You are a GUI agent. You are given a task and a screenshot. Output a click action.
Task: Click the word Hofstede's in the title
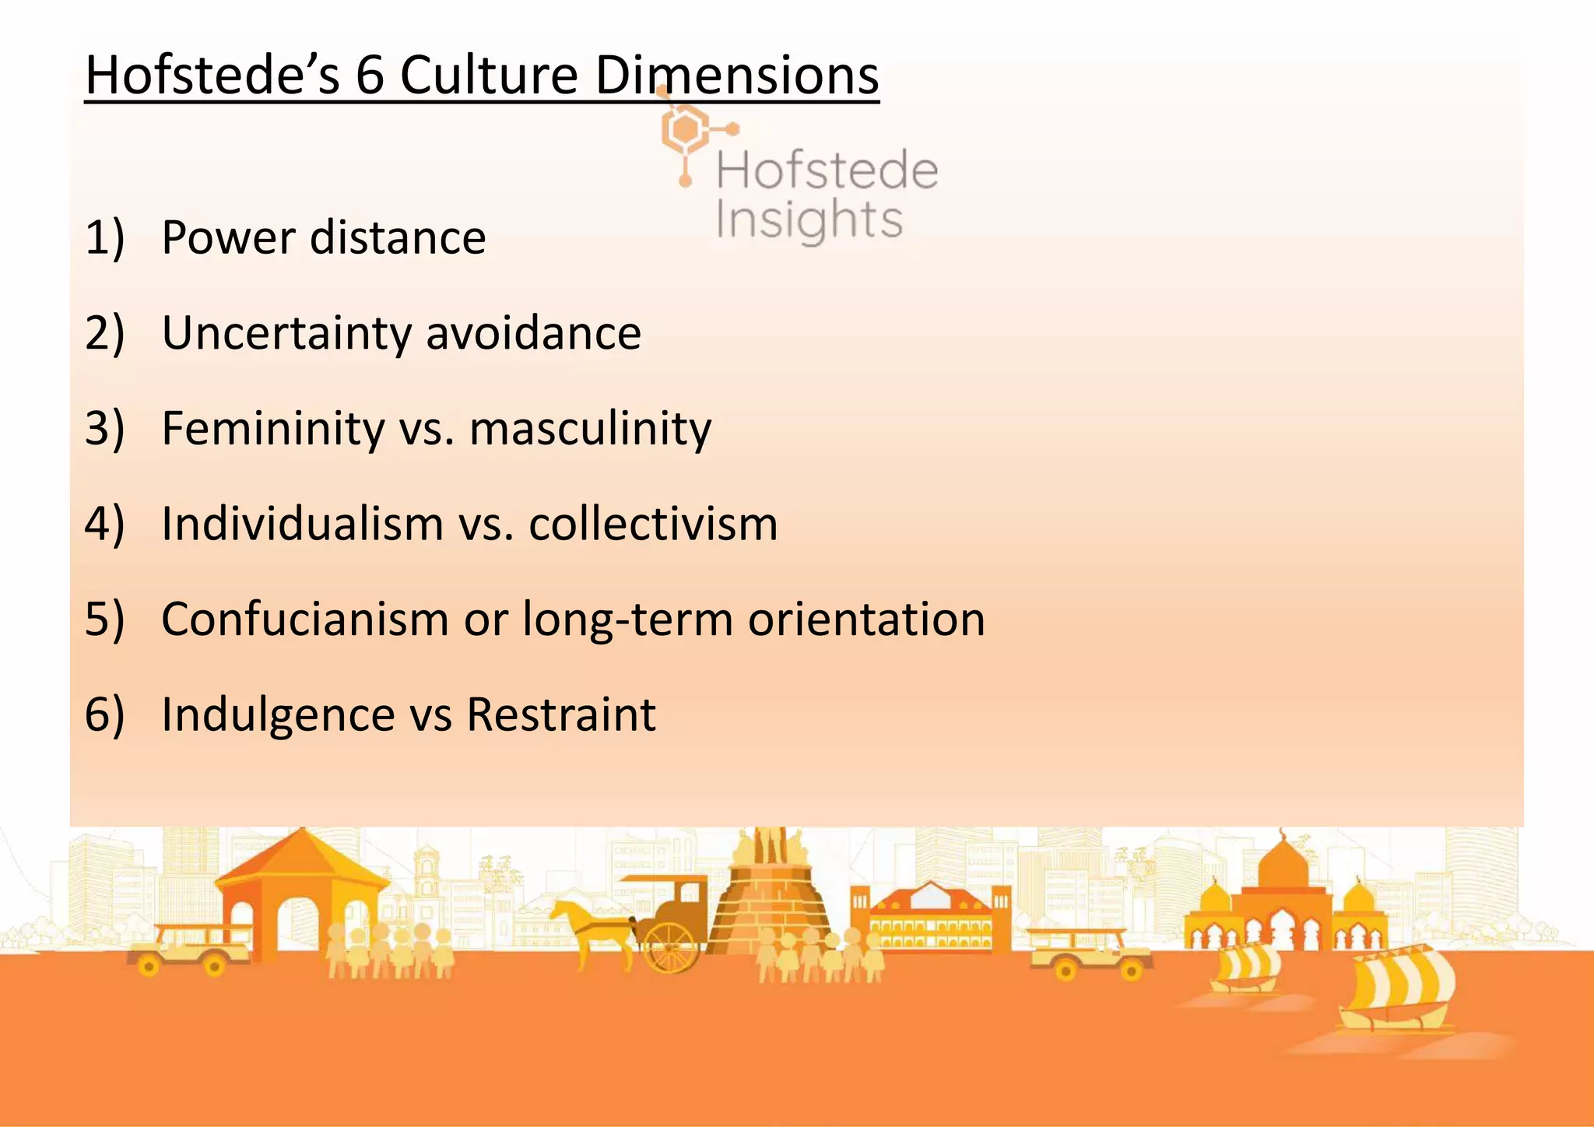pyautogui.click(x=212, y=75)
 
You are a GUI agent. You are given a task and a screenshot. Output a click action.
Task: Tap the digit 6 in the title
pyautogui.click(x=370, y=75)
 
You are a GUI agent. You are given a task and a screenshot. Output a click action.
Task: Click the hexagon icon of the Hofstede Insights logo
pyautogui.click(x=685, y=130)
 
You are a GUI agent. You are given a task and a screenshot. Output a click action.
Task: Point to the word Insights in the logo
pyautogui.click(x=809, y=219)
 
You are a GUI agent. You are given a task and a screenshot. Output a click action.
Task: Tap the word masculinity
pyautogui.click(x=590, y=429)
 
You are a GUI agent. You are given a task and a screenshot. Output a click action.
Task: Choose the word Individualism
pyautogui.click(x=302, y=524)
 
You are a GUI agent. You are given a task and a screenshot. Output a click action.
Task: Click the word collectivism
pyautogui.click(x=653, y=524)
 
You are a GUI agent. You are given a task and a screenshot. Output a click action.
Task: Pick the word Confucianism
pyautogui.click(x=305, y=620)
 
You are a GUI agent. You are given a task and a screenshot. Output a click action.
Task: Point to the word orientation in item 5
pyautogui.click(x=865, y=620)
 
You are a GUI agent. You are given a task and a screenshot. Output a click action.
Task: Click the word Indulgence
pyautogui.click(x=278, y=714)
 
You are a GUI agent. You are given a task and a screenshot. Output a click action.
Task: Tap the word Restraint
pyautogui.click(x=560, y=714)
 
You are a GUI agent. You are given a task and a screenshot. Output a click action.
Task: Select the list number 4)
pyautogui.click(x=104, y=524)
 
